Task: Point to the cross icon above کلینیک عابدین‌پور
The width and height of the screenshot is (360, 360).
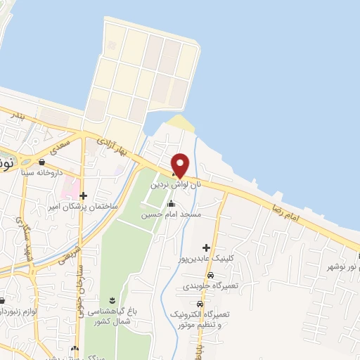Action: [206, 247]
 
